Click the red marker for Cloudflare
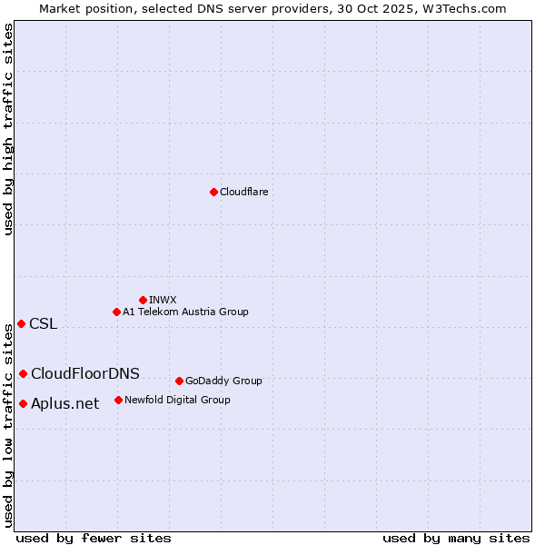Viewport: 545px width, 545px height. pos(213,192)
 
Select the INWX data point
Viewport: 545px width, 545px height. pos(143,300)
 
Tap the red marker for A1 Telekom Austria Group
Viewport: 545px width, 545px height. pos(116,312)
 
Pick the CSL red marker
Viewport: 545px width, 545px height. pos(21,323)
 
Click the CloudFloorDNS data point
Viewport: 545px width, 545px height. pos(23,373)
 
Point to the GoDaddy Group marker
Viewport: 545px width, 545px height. pos(179,381)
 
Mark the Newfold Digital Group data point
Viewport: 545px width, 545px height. pos(118,400)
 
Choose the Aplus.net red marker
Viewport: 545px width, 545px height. pos(23,403)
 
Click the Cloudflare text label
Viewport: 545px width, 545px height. pos(243,192)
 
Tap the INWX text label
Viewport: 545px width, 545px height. pos(163,300)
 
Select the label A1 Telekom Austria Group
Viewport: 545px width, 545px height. pos(185,312)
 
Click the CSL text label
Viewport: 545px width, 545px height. pos(43,324)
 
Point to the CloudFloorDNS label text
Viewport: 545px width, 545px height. pos(85,374)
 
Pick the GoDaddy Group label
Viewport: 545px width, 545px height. pos(223,381)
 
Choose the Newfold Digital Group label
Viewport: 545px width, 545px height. pos(177,400)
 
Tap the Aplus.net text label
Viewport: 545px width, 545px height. pos(64,404)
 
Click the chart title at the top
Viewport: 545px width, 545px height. pos(272,8)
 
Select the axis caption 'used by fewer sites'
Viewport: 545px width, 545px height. pos(94,538)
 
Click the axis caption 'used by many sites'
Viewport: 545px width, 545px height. pos(456,538)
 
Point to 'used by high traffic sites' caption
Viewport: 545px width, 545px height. pos(8,128)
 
